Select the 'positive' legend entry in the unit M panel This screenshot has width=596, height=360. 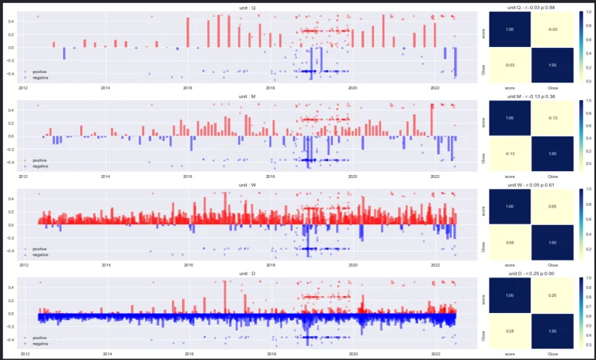point(39,160)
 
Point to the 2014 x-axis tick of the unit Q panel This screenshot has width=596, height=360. point(106,88)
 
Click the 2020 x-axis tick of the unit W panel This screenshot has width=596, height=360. point(353,265)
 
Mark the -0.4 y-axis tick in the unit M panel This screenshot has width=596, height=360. point(12,163)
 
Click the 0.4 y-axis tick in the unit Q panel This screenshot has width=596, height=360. point(12,21)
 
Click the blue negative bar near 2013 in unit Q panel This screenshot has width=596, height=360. point(64,53)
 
